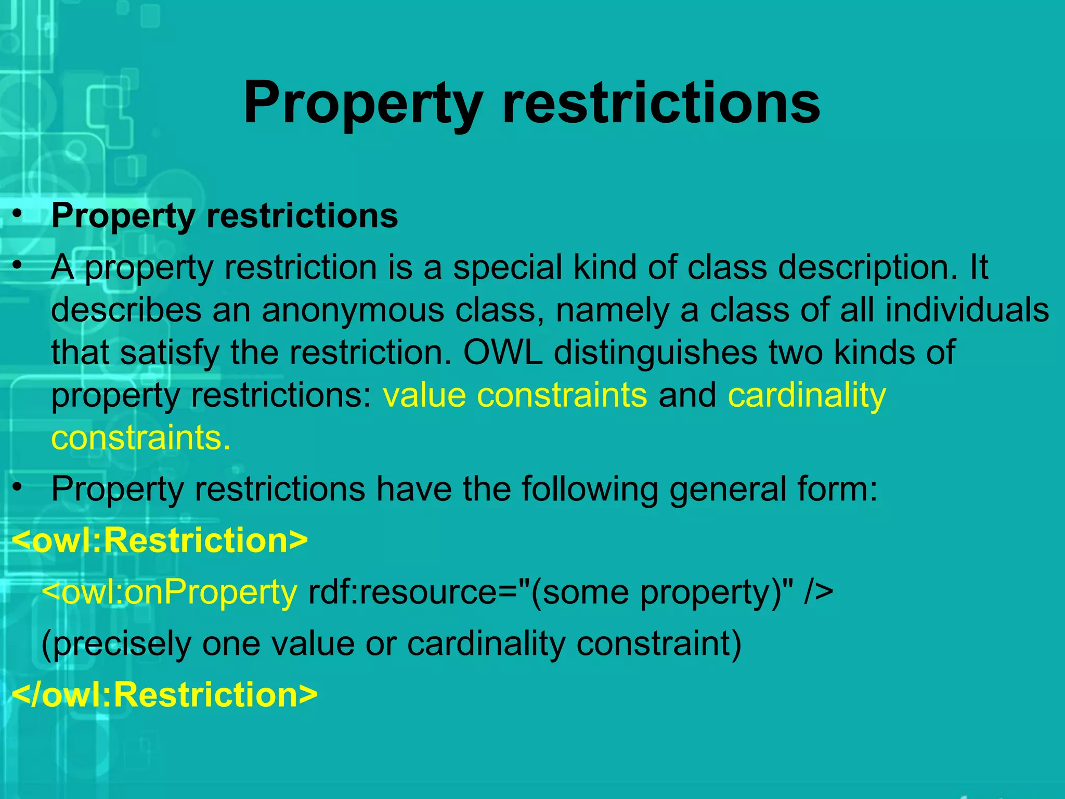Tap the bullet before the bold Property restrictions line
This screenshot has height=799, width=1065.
(x=18, y=214)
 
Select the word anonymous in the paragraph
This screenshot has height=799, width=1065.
(x=353, y=311)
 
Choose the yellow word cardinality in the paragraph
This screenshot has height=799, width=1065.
(x=807, y=395)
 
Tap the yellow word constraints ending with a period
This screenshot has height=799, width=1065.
(x=140, y=438)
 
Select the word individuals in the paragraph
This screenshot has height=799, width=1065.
(x=967, y=311)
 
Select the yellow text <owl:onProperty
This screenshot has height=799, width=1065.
(x=169, y=592)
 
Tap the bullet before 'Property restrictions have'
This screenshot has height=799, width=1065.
(x=18, y=487)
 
